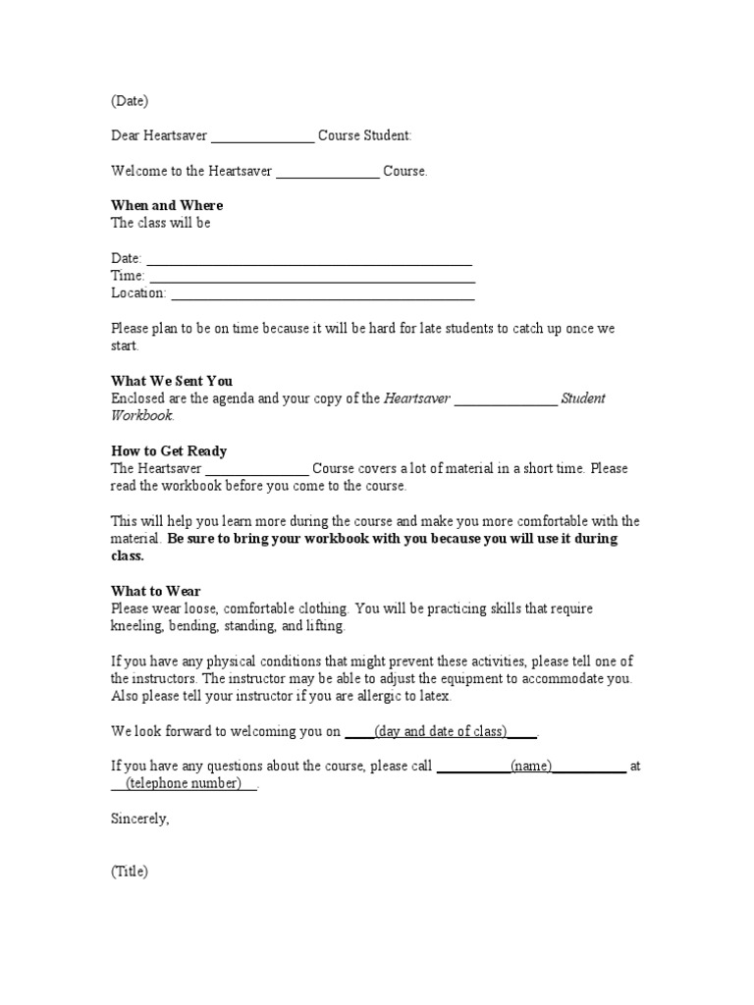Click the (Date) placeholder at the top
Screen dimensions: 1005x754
(130, 101)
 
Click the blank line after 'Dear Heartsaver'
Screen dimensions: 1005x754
(262, 136)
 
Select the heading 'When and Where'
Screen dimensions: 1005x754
(167, 205)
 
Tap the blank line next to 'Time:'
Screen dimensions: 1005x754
(311, 276)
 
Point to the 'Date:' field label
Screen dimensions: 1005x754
(127, 258)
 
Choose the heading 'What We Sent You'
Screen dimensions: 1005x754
(172, 381)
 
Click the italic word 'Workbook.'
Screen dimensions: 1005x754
(142, 416)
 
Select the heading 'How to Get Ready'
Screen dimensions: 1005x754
(169, 451)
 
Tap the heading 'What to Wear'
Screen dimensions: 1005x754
(155, 591)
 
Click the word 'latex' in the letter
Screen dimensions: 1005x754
(434, 696)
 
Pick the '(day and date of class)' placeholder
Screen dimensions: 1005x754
(441, 731)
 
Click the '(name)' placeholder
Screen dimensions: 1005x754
(531, 767)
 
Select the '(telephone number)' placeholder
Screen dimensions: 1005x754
(184, 784)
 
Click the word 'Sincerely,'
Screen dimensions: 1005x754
(140, 819)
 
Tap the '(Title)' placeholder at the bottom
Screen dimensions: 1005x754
(130, 872)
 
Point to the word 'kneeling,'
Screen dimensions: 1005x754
(139, 626)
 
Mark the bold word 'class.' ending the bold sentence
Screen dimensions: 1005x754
(128, 556)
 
